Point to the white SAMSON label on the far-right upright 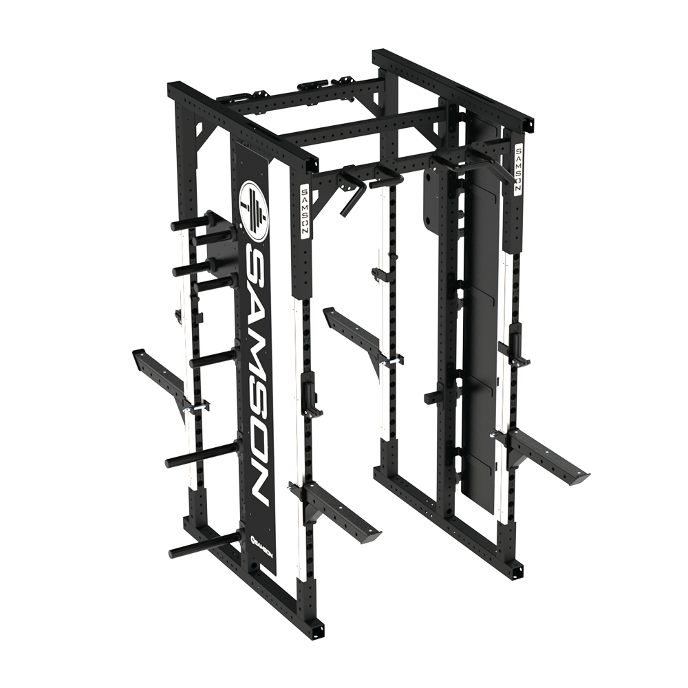(518, 169)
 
